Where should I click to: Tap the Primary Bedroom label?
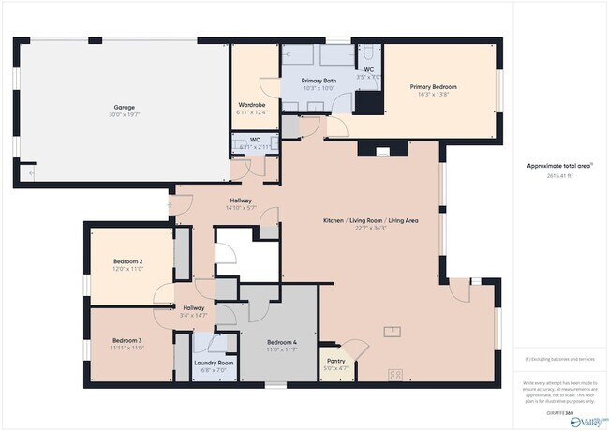433,87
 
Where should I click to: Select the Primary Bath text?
319,81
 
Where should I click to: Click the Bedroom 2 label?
127,260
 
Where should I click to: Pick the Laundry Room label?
214,363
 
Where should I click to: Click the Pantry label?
336,360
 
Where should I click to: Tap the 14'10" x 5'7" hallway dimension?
241,208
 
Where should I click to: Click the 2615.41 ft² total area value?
559,174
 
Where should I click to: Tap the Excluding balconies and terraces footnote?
559,359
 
